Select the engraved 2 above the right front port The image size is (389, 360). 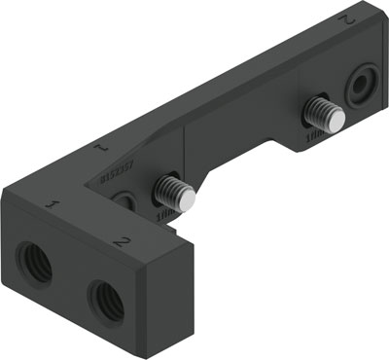pos(122,238)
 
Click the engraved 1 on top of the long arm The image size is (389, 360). pos(99,150)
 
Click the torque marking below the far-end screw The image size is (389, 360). pos(315,139)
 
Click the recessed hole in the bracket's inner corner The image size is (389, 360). pos(124,201)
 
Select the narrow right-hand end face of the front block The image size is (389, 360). pos(175,292)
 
